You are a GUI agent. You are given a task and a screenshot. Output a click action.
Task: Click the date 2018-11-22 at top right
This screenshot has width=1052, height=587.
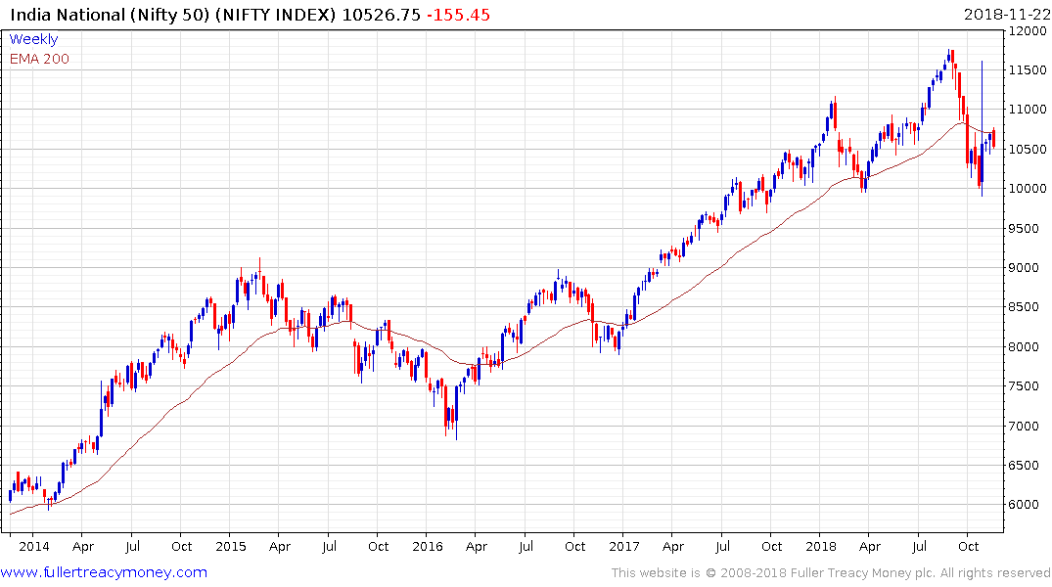click(x=1005, y=15)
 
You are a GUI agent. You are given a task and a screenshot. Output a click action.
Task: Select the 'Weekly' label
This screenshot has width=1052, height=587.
click(x=33, y=39)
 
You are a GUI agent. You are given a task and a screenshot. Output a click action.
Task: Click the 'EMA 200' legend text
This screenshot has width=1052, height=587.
click(x=39, y=59)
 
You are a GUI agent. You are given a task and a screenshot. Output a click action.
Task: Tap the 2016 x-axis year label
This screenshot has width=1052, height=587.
click(x=427, y=546)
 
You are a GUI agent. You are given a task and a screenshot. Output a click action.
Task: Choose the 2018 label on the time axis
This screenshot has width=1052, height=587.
click(x=821, y=546)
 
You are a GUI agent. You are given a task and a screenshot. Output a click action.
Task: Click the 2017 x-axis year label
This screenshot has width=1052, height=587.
click(x=623, y=546)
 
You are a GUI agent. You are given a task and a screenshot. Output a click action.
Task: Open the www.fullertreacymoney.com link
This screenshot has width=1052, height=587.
click(x=104, y=572)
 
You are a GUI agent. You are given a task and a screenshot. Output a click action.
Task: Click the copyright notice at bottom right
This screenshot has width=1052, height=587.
click(x=831, y=572)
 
